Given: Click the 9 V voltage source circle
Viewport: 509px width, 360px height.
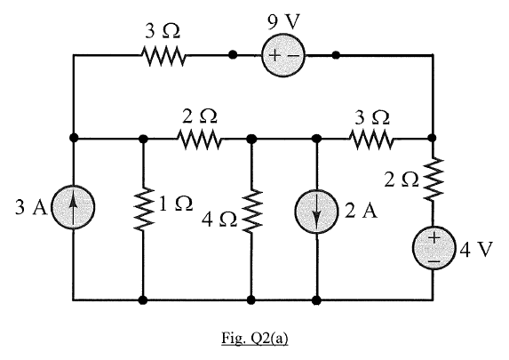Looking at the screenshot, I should [283, 55].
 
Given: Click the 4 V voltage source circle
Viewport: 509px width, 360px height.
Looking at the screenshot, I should [433, 248].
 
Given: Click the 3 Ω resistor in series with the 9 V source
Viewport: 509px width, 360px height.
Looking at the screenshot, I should [163, 55].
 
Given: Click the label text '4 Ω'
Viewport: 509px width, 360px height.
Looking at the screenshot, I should [219, 218].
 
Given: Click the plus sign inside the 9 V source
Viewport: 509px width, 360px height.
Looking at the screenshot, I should [274, 55].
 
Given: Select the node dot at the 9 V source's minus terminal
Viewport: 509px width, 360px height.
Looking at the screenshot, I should [335, 55].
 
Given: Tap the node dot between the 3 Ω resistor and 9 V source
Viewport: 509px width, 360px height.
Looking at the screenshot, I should [232, 55].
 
